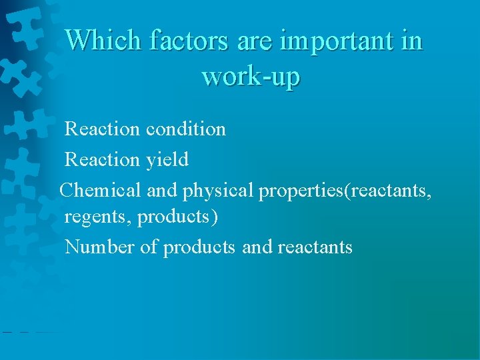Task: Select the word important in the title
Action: pos(336,41)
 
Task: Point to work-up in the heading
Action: pos(251,76)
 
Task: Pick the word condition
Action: pos(185,129)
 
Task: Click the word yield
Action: pos(167,159)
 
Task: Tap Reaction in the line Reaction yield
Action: pos(102,159)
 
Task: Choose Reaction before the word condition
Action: pos(102,129)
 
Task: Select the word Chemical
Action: pos(100,190)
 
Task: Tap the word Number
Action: pos(99,247)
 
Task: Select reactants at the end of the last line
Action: pos(315,247)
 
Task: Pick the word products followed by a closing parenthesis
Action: pos(174,217)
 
